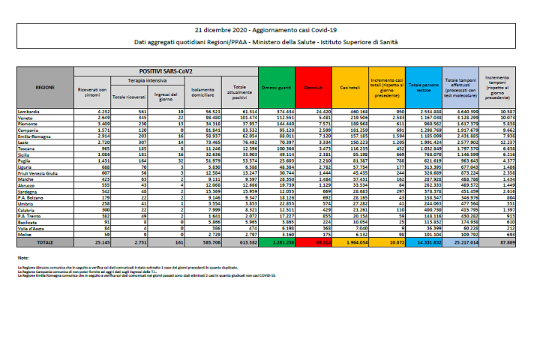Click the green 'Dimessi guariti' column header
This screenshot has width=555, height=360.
276,88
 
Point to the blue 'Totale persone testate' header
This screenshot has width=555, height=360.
424,88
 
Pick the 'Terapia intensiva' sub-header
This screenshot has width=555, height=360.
146,79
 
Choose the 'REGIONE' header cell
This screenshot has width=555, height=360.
45,88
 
